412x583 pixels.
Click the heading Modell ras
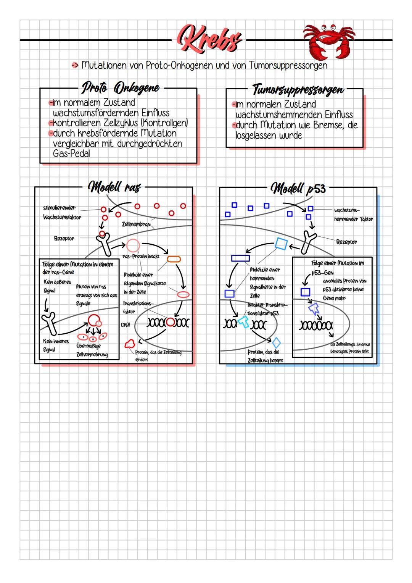coord(114,187)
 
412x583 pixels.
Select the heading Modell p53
coord(298,188)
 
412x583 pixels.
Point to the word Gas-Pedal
coord(71,154)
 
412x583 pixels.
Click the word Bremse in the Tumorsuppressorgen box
coord(328,125)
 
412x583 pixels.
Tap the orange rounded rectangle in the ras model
coord(174,259)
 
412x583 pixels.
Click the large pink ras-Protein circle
coord(133,245)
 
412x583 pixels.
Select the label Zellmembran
coord(136,224)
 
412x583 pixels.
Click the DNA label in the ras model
coord(126,325)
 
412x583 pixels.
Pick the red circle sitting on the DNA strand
coord(170,322)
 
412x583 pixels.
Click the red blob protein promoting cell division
coord(130,344)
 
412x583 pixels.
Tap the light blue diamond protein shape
coord(276,342)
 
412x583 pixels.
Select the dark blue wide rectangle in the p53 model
coord(240,258)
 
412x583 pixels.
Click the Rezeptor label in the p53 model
coord(346,242)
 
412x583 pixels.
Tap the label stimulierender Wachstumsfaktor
coord(62,213)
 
